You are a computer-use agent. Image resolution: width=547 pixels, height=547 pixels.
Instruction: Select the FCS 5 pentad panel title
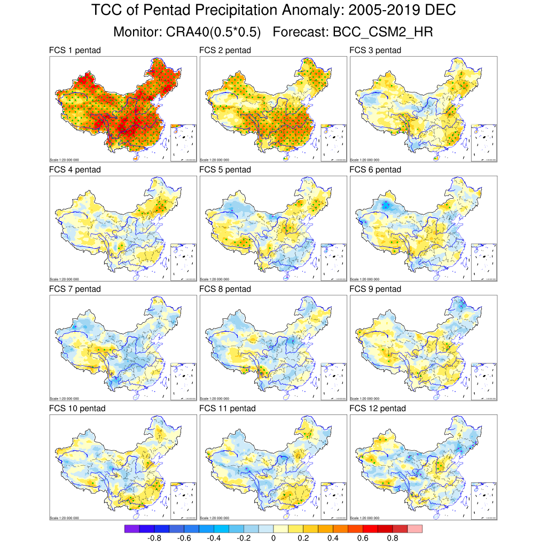point(225,170)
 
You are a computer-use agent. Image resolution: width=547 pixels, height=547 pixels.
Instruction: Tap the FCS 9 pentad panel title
point(375,289)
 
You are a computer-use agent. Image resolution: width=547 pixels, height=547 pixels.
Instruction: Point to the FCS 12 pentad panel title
point(378,409)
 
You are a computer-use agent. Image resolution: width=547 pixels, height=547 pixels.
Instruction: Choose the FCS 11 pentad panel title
point(228,409)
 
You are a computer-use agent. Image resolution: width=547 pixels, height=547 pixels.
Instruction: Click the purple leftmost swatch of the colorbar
point(132,529)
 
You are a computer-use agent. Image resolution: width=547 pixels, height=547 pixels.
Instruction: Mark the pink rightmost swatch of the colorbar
point(415,529)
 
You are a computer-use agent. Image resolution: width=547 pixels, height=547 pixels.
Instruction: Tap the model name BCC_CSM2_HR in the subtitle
point(382,32)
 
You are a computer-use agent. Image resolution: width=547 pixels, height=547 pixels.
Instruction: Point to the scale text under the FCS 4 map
point(64,279)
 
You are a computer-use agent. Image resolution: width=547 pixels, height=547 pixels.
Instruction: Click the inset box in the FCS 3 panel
point(484,143)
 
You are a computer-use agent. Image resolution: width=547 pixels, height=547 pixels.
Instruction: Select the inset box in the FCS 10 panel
point(184,501)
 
